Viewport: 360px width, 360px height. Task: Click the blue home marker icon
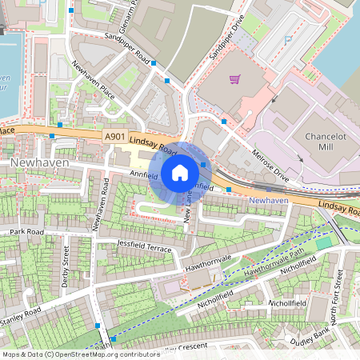click(180, 172)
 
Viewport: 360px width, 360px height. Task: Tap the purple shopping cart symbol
click(235, 78)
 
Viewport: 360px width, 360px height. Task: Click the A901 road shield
click(114, 138)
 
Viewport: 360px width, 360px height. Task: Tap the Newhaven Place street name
click(93, 82)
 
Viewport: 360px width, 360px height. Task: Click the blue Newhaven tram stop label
click(268, 199)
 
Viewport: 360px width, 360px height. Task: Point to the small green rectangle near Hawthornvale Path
click(323, 243)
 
